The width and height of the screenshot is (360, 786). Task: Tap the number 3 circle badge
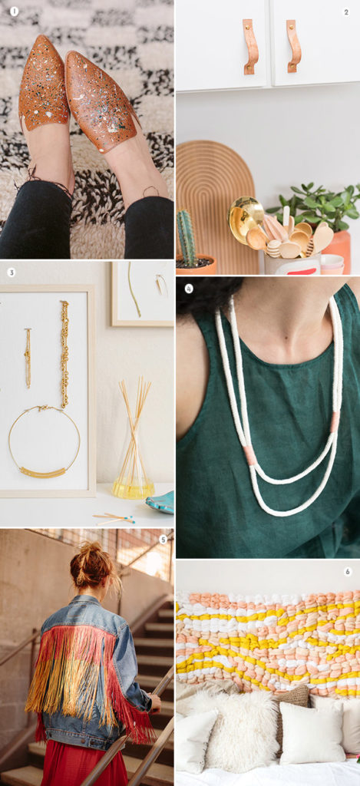click(x=11, y=272)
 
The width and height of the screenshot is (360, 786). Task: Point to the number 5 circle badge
click(x=163, y=540)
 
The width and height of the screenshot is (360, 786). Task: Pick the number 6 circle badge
click(x=347, y=572)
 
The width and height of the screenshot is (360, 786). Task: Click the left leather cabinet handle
click(x=249, y=47)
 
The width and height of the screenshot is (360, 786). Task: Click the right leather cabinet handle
click(x=293, y=46)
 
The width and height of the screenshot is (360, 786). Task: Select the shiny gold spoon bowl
click(x=245, y=216)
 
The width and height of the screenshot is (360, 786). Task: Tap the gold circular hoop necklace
click(x=45, y=444)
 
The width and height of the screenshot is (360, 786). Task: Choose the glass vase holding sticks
click(x=133, y=468)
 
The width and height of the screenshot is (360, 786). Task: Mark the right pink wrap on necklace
click(x=335, y=421)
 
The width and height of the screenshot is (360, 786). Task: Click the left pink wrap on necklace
click(x=250, y=455)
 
